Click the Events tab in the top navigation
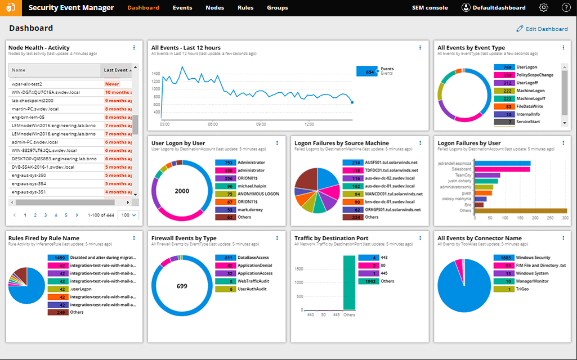click(182, 8)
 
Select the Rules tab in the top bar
click(245, 8)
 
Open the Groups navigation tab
click(278, 8)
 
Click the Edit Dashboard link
click(542, 29)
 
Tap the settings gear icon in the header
click(544, 8)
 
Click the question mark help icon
click(566, 8)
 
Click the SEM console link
click(430, 8)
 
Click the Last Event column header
click(117, 70)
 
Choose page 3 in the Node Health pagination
click(46, 215)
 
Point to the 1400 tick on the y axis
click(156, 74)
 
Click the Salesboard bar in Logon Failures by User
click(502, 169)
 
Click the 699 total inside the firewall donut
click(182, 286)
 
